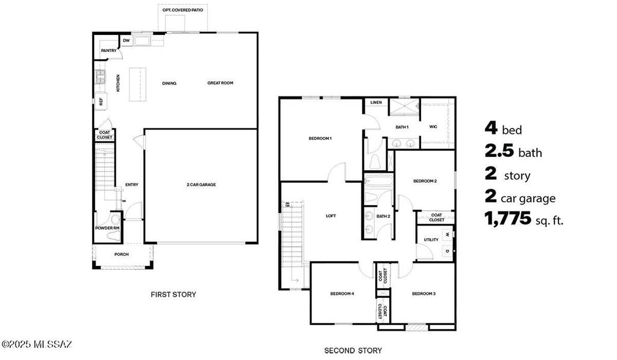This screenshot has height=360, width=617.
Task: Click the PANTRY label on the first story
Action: click(108, 51)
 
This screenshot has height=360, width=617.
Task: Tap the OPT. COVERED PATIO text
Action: click(183, 10)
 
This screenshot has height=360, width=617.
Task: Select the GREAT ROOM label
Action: click(220, 83)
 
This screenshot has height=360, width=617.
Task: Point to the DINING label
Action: click(169, 83)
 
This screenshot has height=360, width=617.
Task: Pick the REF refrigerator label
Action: click(101, 102)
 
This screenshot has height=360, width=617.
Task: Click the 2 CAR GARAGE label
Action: click(201, 185)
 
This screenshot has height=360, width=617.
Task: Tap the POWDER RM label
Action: click(107, 228)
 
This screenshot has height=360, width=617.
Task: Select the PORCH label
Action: click(122, 254)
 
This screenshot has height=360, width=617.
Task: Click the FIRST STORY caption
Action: click(173, 294)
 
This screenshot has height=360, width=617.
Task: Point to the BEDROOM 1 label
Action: click(320, 139)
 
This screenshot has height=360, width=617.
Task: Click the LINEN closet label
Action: click(376, 103)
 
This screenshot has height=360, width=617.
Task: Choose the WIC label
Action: click(433, 127)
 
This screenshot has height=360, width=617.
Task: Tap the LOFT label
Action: click(330, 215)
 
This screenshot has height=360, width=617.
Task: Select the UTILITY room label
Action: click(431, 239)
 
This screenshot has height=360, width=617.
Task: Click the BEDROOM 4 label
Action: click(342, 294)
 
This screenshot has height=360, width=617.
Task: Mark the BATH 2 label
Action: click(383, 216)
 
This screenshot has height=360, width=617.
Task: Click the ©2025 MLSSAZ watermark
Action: click(37, 344)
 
